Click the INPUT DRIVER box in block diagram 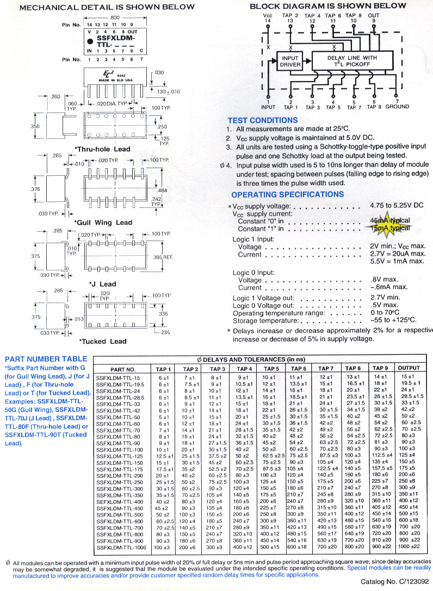pos(290,61)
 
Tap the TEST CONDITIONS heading pos(263,120)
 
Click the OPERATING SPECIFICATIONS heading pos(287,194)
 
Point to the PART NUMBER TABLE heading pos(46,359)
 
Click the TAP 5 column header pos(272,368)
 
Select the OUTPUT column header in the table pos(409,368)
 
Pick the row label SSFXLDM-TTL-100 pos(119,450)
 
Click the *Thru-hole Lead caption pos(102,149)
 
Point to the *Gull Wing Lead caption pos(103,223)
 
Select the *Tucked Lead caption pos(103,342)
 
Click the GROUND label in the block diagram pos(397,107)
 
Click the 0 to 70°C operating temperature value pos(384,313)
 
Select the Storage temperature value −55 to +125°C pos(393,320)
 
